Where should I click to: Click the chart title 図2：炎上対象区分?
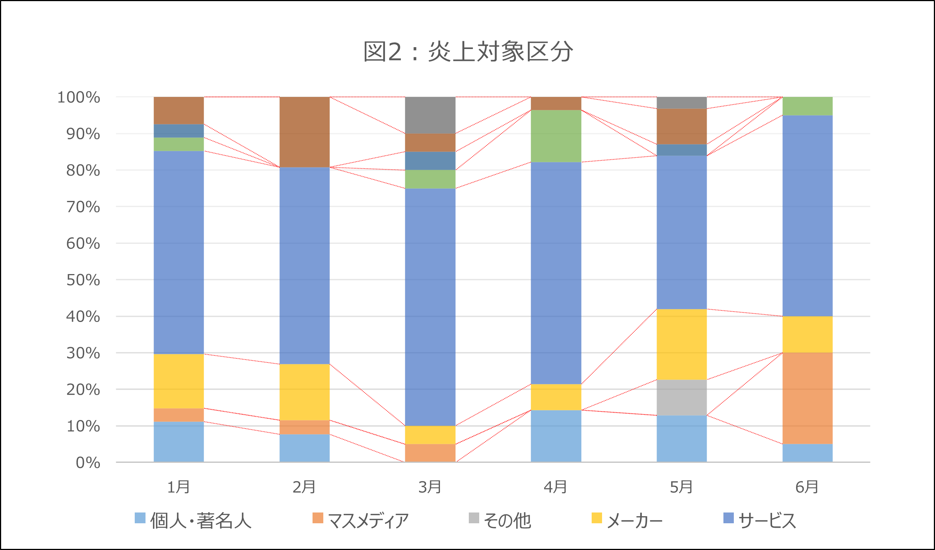(x=468, y=52)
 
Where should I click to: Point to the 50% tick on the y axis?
(x=83, y=280)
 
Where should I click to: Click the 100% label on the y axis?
(x=79, y=97)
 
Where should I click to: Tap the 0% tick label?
(x=88, y=463)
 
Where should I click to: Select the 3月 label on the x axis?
(x=430, y=487)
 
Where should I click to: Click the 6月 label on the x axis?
(x=807, y=487)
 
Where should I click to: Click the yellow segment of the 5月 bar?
(x=681, y=344)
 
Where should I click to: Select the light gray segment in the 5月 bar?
(x=681, y=397)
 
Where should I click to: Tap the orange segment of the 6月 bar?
(x=807, y=398)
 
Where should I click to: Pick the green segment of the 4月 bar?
(x=556, y=136)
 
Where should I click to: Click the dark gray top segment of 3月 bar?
(x=430, y=115)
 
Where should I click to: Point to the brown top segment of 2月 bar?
(x=304, y=132)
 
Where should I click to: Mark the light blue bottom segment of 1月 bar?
(x=179, y=442)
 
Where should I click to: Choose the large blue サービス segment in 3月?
(x=430, y=307)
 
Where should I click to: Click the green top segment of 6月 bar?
(x=807, y=106)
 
